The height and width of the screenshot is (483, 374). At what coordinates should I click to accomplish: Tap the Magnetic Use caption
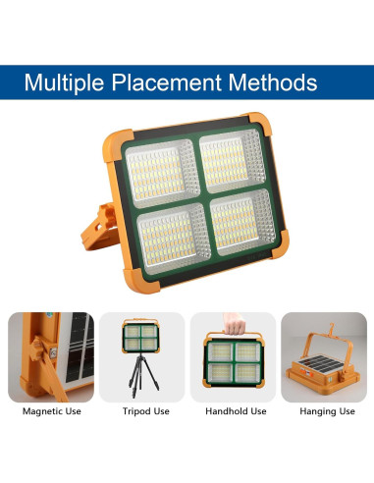click(x=51, y=411)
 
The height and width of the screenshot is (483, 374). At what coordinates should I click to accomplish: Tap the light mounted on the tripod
click(x=142, y=340)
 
